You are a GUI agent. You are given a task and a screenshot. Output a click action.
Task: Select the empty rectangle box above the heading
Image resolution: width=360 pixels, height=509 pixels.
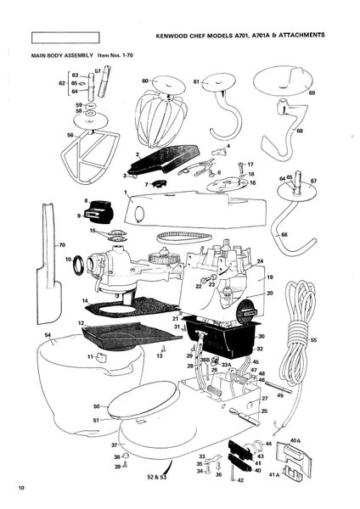coord(64,37)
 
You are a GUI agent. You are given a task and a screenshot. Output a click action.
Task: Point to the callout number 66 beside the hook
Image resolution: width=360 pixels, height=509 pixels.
coord(284,234)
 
